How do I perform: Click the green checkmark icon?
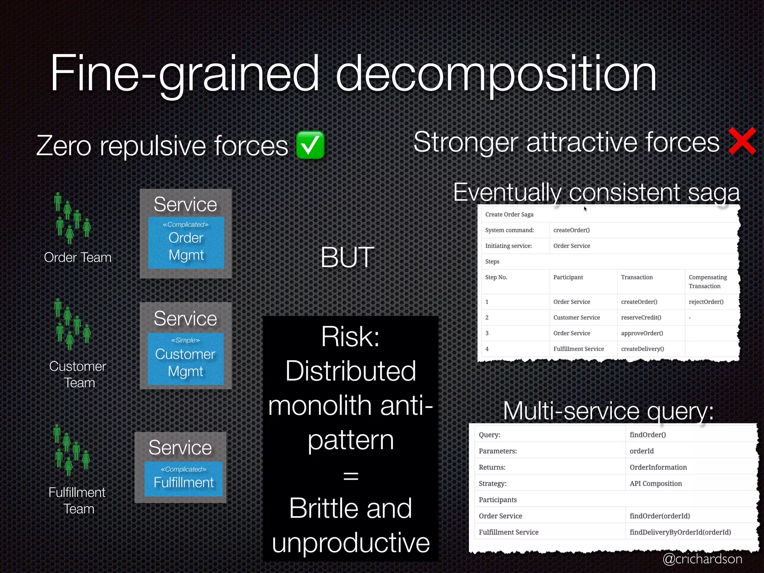pos(310,145)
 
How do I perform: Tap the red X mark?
pos(742,141)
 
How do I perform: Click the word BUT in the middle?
pos(347,257)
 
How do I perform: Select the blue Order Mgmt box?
pos(186,243)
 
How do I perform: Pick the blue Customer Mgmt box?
pos(185,358)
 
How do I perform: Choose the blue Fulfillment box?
pos(184,479)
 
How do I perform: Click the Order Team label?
pos(78,257)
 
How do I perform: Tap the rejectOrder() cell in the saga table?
pos(706,302)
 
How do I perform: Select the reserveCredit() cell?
pos(641,317)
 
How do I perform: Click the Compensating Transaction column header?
pos(707,282)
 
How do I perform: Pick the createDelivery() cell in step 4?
pos(642,349)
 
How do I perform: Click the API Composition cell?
pos(655,483)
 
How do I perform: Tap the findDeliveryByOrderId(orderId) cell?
pos(680,532)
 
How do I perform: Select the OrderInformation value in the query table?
pos(658,467)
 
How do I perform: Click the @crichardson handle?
pos(702,559)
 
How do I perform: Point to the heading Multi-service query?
pos(608,411)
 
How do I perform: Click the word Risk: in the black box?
pos(350,336)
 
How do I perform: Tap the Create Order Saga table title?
pos(509,215)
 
